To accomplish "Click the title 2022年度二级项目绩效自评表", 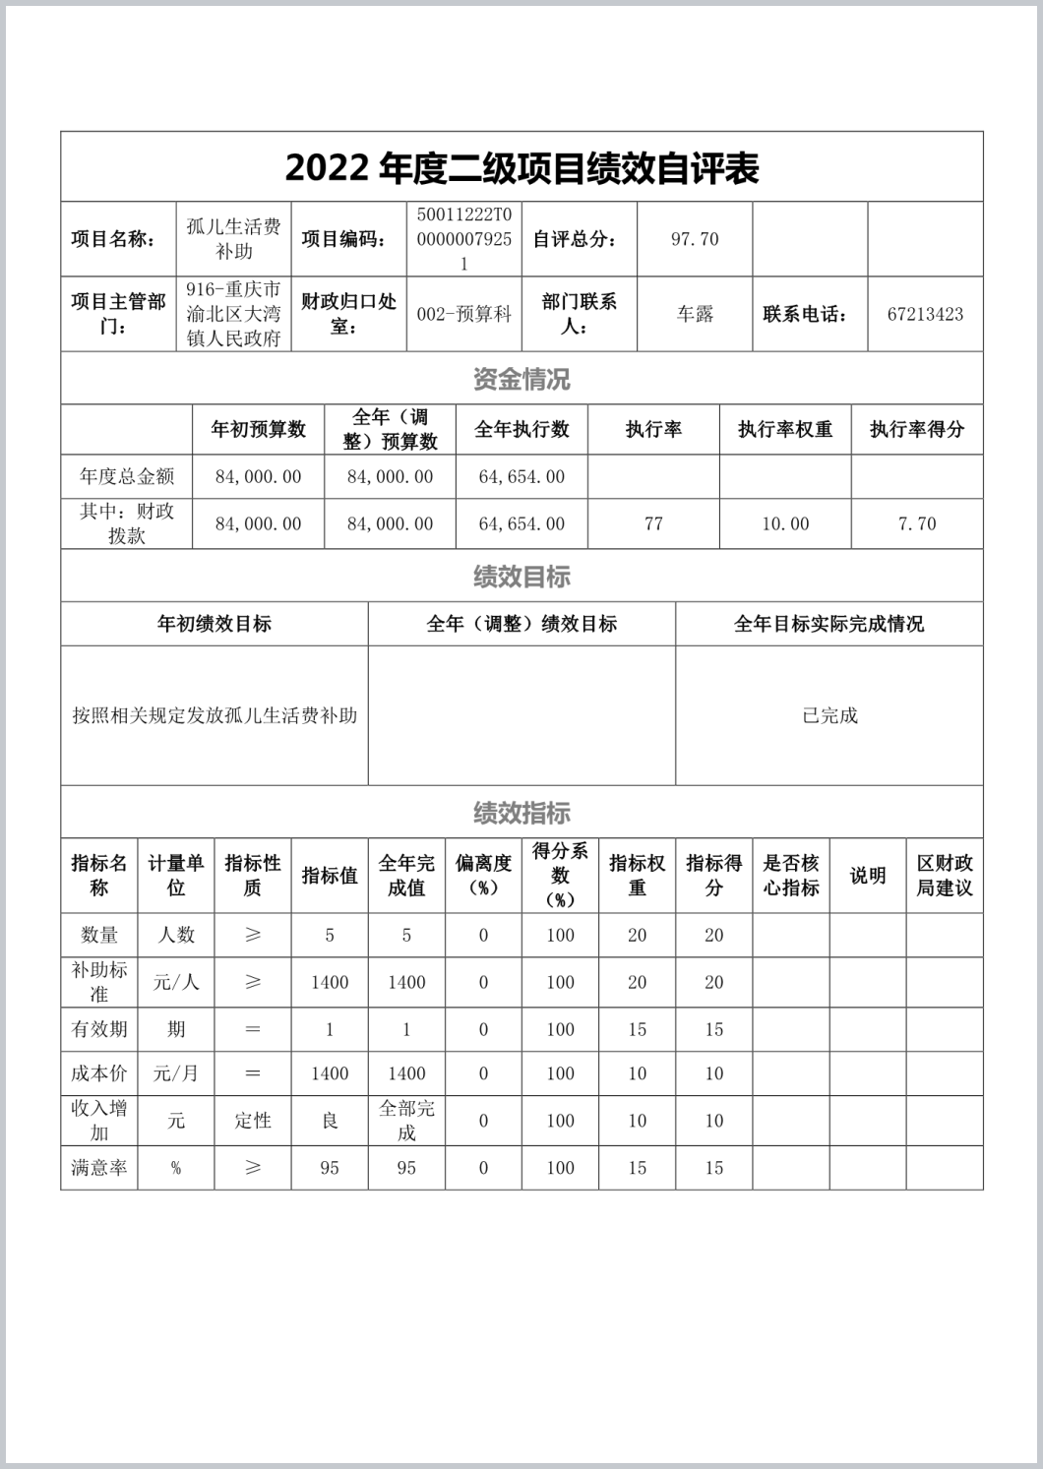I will (x=521, y=168).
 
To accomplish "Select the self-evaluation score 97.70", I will (x=695, y=239).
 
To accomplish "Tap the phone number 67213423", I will (x=925, y=315).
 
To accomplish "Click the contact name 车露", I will (x=695, y=315).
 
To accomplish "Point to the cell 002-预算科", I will (x=464, y=315).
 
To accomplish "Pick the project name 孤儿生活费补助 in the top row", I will (x=233, y=239).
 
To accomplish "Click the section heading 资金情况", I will (x=521, y=379).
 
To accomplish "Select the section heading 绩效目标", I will (x=521, y=577).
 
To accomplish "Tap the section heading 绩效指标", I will (x=521, y=813).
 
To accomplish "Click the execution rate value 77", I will (x=653, y=524).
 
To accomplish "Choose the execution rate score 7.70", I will (x=917, y=524).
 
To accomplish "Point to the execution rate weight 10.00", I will (x=785, y=524).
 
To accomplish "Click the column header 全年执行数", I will (x=521, y=430).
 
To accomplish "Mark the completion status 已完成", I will (x=829, y=716).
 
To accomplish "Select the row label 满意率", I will (x=98, y=1168).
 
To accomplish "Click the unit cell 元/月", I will (x=176, y=1073).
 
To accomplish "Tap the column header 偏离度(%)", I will (x=483, y=875).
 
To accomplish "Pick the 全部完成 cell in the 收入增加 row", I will (x=406, y=1121).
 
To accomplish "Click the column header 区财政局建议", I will (x=945, y=875).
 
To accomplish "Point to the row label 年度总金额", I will (x=127, y=477).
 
